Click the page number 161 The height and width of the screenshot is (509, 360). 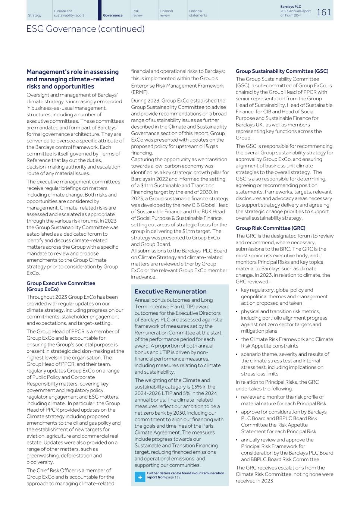click(x=323, y=12)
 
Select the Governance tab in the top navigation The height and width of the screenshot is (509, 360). click(x=113, y=15)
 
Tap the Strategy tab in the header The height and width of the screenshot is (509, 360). click(x=35, y=15)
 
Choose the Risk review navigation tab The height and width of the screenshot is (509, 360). click(x=137, y=13)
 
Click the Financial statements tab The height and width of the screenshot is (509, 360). click(x=198, y=13)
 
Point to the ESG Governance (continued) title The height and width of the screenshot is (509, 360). click(x=85, y=29)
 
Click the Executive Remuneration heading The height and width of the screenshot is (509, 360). click(x=170, y=292)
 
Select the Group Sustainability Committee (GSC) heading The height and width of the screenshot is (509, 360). click(x=282, y=71)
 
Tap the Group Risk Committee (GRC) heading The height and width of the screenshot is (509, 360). click(x=270, y=228)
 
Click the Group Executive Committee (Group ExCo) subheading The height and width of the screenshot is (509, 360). click(x=61, y=286)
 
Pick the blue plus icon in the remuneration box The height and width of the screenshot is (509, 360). click(x=140, y=477)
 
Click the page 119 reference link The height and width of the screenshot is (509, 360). click(x=173, y=477)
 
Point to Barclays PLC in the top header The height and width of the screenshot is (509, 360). click(x=290, y=7)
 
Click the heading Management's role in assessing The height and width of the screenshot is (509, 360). click(x=72, y=72)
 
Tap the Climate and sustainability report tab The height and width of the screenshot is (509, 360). click(x=69, y=13)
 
